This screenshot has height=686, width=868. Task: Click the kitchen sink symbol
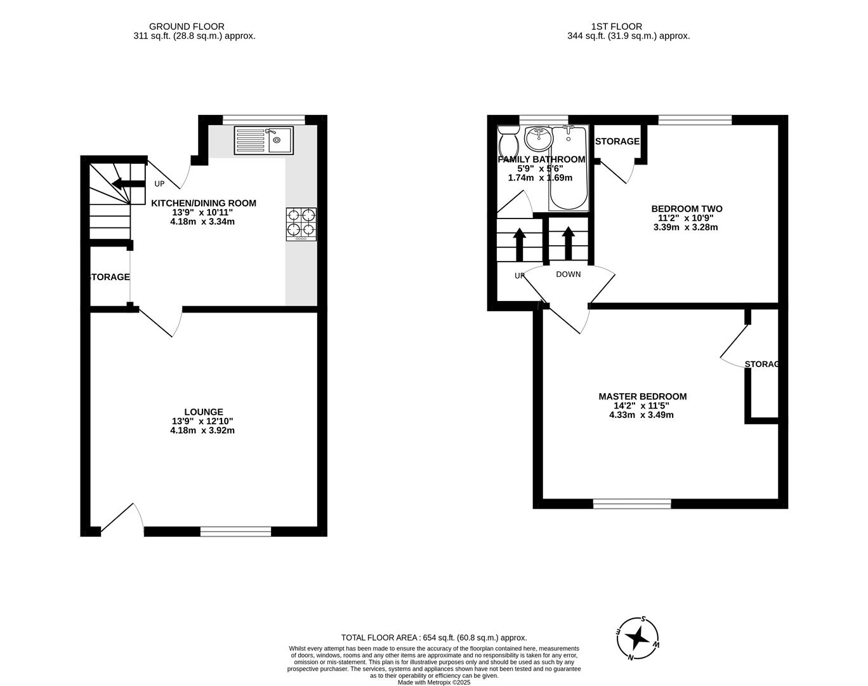coord(263,140)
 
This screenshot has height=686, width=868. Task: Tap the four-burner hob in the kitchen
coord(301,224)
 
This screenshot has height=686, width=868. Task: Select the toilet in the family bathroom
coord(508,138)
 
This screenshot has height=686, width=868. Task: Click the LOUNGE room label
coord(204,412)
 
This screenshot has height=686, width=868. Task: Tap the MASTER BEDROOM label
coord(642,396)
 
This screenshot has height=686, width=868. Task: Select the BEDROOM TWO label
coord(687,208)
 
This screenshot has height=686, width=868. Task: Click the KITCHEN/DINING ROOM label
coord(204,203)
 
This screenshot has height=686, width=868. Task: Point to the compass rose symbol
coord(638,637)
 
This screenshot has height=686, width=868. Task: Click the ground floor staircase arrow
coord(128,184)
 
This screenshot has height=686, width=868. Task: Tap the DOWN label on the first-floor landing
coord(568,274)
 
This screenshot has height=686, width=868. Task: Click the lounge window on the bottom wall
coord(235,532)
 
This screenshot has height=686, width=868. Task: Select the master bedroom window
coord(632,504)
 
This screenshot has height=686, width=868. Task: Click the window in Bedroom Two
coord(695,119)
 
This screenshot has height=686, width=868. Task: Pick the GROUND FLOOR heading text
coord(187,27)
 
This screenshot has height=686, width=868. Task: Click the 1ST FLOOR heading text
coord(616,27)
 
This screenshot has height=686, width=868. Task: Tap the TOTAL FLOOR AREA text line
coord(434,638)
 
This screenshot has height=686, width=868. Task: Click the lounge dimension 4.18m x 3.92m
coord(202,430)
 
